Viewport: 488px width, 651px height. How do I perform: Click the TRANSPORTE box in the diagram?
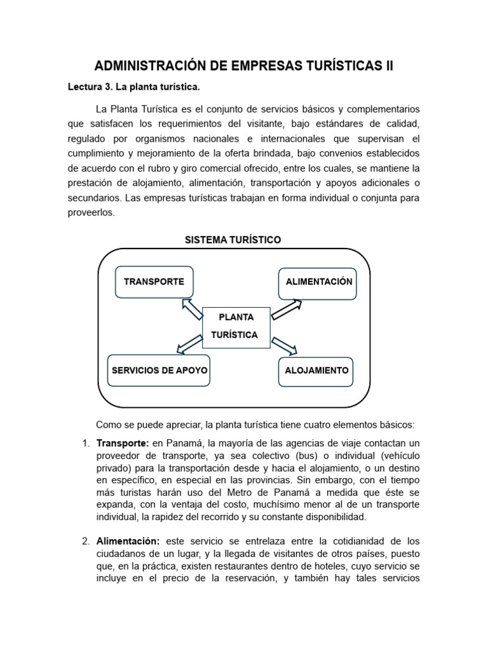pos(154,282)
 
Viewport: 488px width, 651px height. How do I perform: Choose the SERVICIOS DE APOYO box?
pos(159,370)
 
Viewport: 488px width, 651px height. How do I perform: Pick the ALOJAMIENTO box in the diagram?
pos(316,370)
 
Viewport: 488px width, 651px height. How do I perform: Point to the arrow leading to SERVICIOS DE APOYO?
pos(189,345)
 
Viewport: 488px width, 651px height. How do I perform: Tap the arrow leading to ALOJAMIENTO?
pos(284,345)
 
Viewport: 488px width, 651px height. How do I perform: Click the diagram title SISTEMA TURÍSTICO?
pos(232,240)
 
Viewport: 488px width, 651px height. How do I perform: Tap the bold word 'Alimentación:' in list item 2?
pos(128,542)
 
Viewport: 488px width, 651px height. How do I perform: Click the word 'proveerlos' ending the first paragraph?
pos(91,214)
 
